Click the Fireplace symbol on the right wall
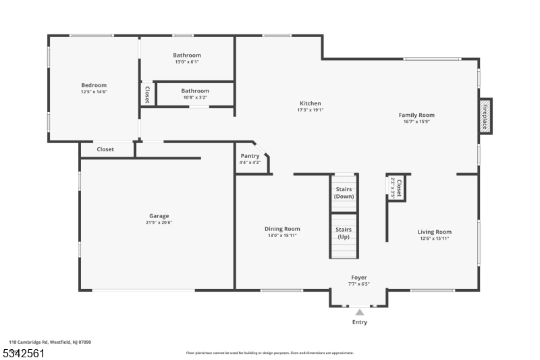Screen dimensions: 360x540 pos(485,116)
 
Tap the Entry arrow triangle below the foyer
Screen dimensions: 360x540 pos(360,312)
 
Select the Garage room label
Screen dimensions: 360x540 pos(159,216)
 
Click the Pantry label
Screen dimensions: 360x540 pos(250,156)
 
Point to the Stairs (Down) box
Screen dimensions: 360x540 pos(344,192)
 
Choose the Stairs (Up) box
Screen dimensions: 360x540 pos(344,234)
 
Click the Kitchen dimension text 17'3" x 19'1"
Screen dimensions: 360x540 pos(310,110)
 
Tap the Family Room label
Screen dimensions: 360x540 pos(416,115)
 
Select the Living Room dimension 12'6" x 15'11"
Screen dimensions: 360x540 pos(434,238)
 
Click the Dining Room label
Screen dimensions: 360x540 pos(282,229)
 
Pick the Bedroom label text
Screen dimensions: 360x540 pos(94,85)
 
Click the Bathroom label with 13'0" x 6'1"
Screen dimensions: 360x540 pos(187,55)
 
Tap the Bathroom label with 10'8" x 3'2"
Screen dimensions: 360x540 pos(195,91)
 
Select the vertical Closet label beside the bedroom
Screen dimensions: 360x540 pos(146,95)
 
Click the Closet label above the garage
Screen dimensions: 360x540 pos(105,149)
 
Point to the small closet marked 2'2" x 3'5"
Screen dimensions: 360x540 pos(397,187)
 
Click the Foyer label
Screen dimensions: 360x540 pos(359,278)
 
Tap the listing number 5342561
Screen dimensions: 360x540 pos(24,353)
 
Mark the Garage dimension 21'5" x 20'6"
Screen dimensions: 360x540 pos(159,223)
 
